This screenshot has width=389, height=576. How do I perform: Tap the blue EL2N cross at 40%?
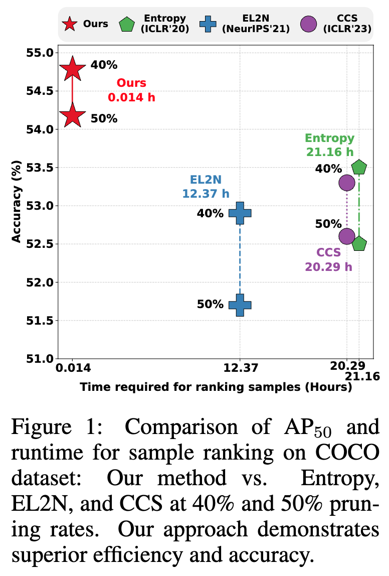tap(240, 213)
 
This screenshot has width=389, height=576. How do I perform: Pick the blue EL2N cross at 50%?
tap(240, 305)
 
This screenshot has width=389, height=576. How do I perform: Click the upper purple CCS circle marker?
tap(346, 183)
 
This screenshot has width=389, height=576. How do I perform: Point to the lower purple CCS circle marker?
tap(346, 236)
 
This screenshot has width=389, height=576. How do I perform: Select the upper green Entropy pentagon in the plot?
tap(359, 168)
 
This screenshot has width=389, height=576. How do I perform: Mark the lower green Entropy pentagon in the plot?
tap(359, 244)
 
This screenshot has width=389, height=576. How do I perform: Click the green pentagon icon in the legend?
tap(127, 24)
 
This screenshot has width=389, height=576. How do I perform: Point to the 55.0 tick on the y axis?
tap(39, 53)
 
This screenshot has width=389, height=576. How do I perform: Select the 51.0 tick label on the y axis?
tap(39, 359)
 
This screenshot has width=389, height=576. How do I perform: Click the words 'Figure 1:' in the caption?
tap(60, 427)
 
